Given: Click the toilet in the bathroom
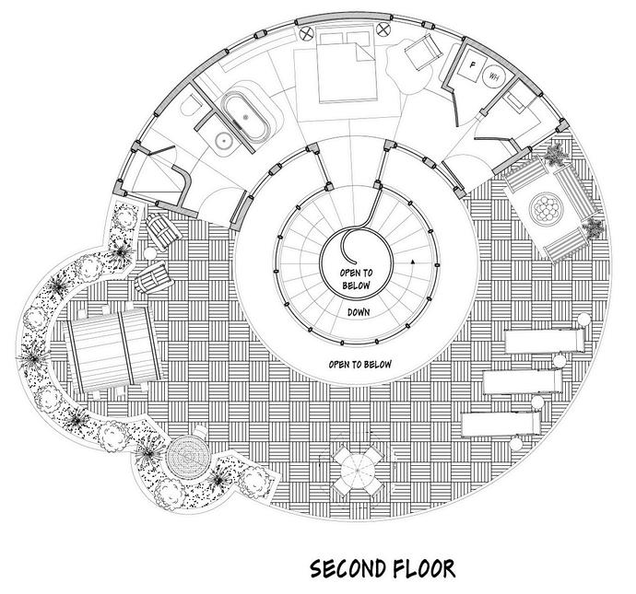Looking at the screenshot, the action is [x=191, y=108].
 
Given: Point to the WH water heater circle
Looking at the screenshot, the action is [x=495, y=76].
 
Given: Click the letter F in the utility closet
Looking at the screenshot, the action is [x=472, y=66].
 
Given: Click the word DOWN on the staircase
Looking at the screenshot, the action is [x=359, y=311].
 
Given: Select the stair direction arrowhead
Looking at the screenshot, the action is [x=415, y=262].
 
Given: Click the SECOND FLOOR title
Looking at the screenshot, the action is [x=382, y=566].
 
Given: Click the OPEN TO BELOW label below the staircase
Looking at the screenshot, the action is [x=359, y=365].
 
